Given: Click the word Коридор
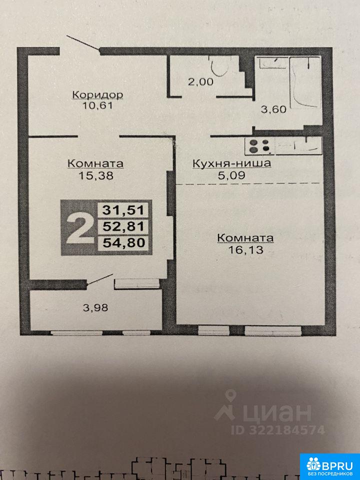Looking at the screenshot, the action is click(97, 94).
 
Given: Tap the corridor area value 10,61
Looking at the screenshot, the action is click(97, 106).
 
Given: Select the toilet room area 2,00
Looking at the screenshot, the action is click(200, 81).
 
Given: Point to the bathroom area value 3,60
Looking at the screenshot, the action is click(273, 109).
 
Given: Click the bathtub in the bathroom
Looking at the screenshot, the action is click(305, 82).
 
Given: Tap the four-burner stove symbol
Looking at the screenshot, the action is click(259, 146).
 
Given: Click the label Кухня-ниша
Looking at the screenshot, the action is click(231, 163).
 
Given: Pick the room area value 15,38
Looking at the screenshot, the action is click(96, 175).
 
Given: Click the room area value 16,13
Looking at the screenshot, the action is click(246, 250).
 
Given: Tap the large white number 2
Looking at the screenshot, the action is click(79, 228).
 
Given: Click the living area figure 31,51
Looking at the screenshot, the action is click(123, 210).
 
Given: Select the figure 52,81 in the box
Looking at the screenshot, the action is click(123, 227).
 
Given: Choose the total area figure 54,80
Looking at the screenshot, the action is click(123, 243).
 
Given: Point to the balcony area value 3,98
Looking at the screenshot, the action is click(95, 307).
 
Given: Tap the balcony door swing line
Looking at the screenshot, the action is click(100, 280).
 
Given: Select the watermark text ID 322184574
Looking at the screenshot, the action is click(277, 430).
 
